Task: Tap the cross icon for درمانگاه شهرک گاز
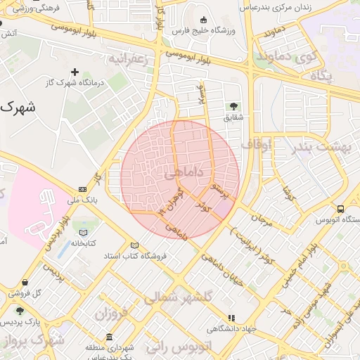pyautogui.click(x=75, y=72)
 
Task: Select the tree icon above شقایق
pyautogui.click(x=232, y=106)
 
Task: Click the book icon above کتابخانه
pyautogui.click(x=84, y=233)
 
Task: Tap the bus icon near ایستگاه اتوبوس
pyautogui.click(x=341, y=209)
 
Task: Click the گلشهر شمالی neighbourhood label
pyautogui.click(x=179, y=298)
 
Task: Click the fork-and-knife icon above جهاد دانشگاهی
pyautogui.click(x=231, y=318)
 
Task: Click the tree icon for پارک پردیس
pyautogui.click(x=20, y=311)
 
